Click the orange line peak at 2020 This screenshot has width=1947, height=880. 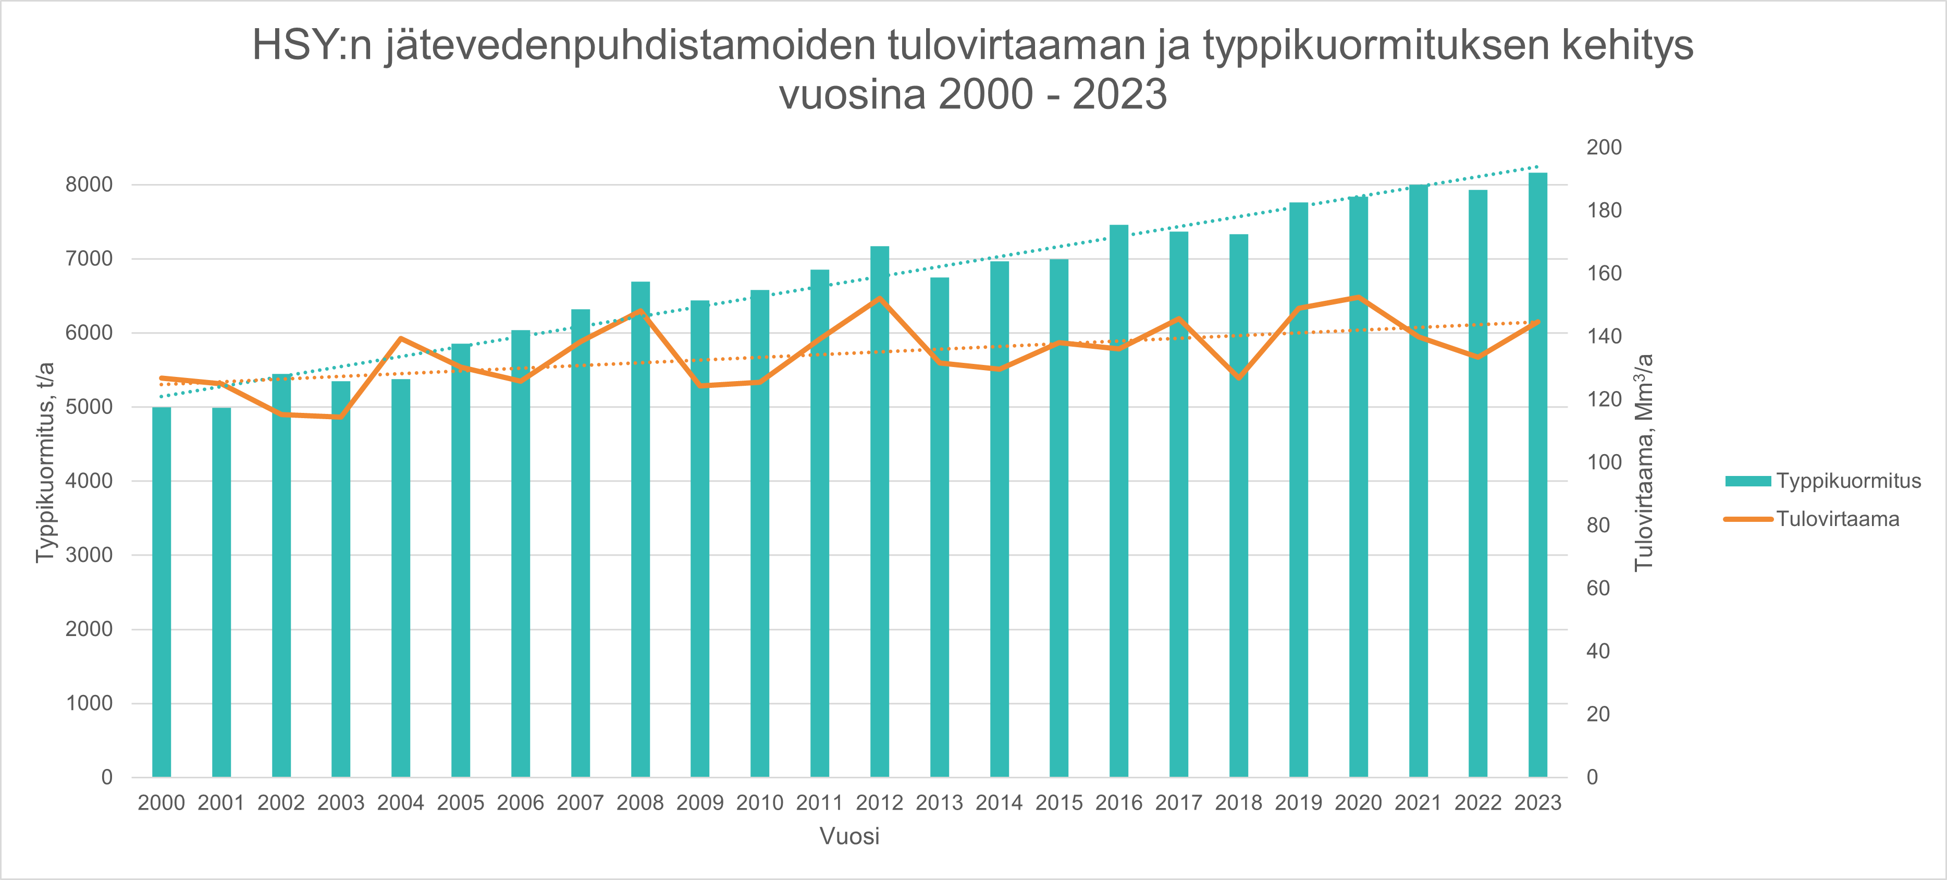click(x=1358, y=297)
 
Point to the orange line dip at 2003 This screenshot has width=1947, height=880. click(x=341, y=417)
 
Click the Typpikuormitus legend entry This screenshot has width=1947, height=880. click(x=1822, y=481)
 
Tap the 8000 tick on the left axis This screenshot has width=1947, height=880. click(x=89, y=185)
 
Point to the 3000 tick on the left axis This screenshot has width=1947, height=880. click(x=89, y=555)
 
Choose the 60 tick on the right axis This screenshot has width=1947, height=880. click(x=1598, y=588)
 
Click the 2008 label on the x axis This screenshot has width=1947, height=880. click(x=640, y=803)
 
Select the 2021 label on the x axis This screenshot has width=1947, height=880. click(x=1418, y=803)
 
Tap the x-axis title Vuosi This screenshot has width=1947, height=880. click(x=849, y=837)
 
